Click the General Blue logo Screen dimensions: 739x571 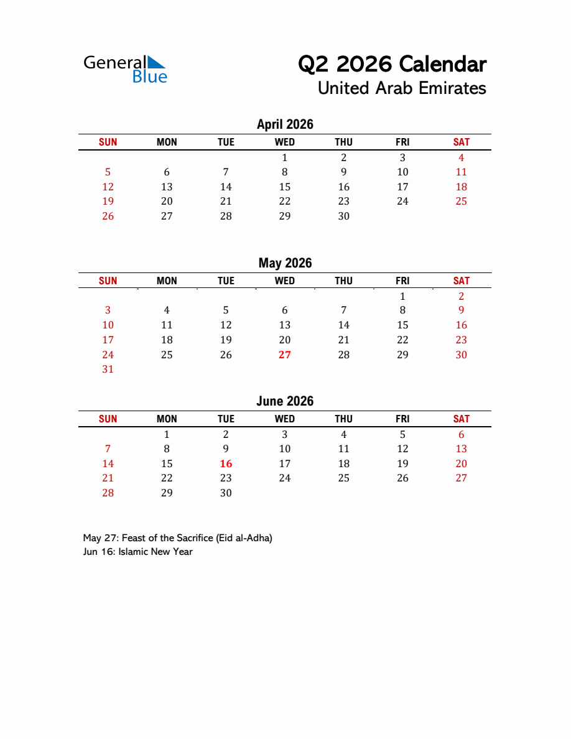coord(125,69)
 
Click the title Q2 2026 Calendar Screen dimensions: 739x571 coord(392,63)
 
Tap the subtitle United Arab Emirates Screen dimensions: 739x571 coord(401,88)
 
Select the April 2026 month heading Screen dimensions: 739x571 coord(285,124)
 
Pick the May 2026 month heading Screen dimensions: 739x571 coord(285,263)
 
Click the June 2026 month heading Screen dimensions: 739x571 coord(285,401)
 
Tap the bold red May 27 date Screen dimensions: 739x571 coord(285,355)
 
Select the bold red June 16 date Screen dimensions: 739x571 coord(226,463)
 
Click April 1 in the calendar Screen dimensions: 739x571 coord(285,158)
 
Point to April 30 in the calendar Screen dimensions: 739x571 coord(343,216)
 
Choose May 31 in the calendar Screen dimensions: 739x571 coord(108,369)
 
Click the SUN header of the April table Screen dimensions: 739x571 coord(108,142)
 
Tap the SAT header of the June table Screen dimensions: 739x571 coord(461,419)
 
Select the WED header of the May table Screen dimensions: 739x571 coord(285,281)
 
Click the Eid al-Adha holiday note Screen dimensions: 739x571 coord(177,538)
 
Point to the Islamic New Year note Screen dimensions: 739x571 coord(137,552)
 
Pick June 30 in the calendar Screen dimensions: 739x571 coord(226,493)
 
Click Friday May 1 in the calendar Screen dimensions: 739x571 coord(402,296)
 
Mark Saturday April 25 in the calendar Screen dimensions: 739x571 coord(461,202)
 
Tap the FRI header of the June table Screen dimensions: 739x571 coord(402,419)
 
